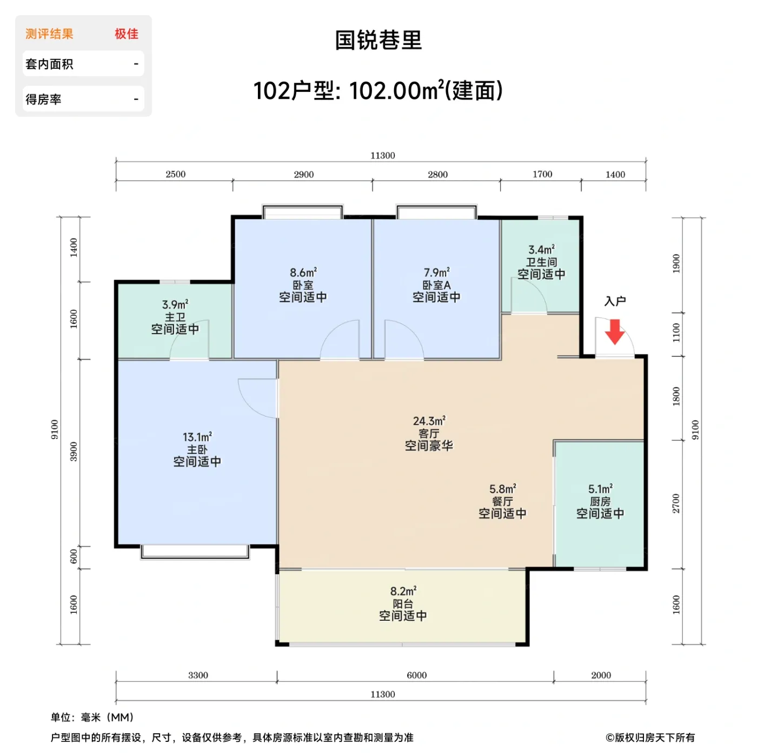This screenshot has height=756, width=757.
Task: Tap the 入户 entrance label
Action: tap(615, 301)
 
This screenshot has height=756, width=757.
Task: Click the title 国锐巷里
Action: tap(378, 40)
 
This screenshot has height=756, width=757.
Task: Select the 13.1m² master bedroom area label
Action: tap(197, 437)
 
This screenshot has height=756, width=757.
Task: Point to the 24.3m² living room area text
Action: tap(429, 421)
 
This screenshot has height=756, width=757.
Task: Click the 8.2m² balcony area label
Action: tap(403, 591)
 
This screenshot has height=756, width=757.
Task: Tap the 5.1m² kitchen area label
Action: tap(600, 489)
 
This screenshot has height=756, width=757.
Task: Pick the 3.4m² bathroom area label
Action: tap(541, 250)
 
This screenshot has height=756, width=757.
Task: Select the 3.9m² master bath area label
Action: tap(175, 305)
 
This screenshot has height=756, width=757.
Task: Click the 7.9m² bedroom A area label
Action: tap(436, 273)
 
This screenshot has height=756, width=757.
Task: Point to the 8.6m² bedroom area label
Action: tap(303, 273)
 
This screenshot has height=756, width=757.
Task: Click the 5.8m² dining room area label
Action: tap(502, 489)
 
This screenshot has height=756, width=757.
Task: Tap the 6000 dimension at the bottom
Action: tap(416, 675)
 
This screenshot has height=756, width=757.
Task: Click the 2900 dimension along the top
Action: tap(303, 174)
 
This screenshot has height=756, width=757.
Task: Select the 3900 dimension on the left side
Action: tap(74, 452)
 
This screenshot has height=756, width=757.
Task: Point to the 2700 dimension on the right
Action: tap(676, 503)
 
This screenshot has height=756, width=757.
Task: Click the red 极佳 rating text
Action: tap(126, 34)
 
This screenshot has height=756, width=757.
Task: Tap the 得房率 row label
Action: tap(43, 100)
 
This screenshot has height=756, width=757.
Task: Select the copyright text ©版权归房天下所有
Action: tap(650, 738)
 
